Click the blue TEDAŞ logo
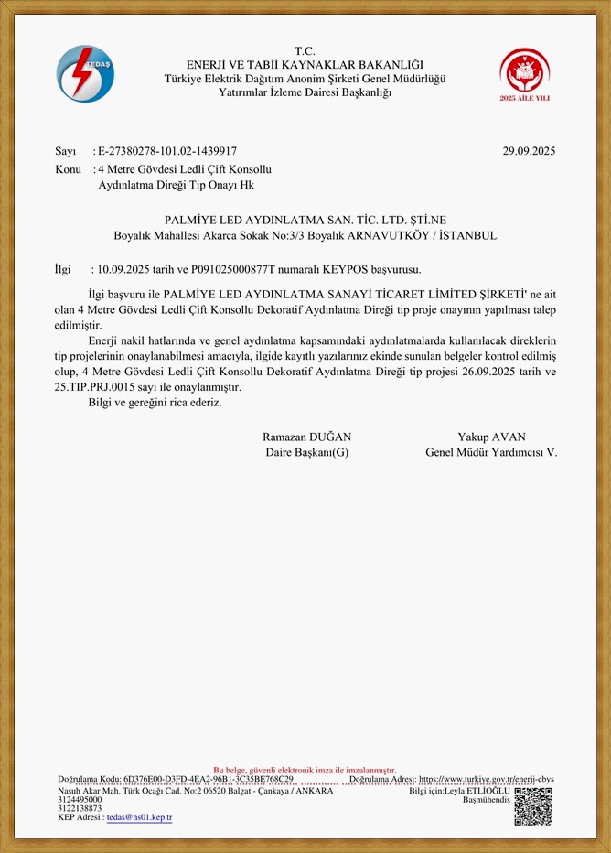pyautogui.click(x=85, y=73)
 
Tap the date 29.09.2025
pyautogui.click(x=529, y=151)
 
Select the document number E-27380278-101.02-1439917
pyautogui.click(x=167, y=151)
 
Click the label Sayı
pyautogui.click(x=66, y=151)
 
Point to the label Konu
pyautogui.click(x=69, y=169)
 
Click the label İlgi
pyautogui.click(x=63, y=269)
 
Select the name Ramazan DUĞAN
pyautogui.click(x=306, y=437)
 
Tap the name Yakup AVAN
pyautogui.click(x=491, y=437)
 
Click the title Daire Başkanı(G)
pyautogui.click(x=306, y=452)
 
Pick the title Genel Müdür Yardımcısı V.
pyautogui.click(x=491, y=452)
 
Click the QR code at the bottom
pyautogui.click(x=533, y=806)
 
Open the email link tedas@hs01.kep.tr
pyautogui.click(x=139, y=817)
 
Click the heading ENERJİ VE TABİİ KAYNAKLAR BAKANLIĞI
pyautogui.click(x=305, y=64)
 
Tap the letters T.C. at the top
pyautogui.click(x=305, y=50)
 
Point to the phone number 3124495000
pyautogui.click(x=80, y=799)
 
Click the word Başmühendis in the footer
pyautogui.click(x=485, y=799)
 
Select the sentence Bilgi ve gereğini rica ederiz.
pyautogui.click(x=148, y=402)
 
